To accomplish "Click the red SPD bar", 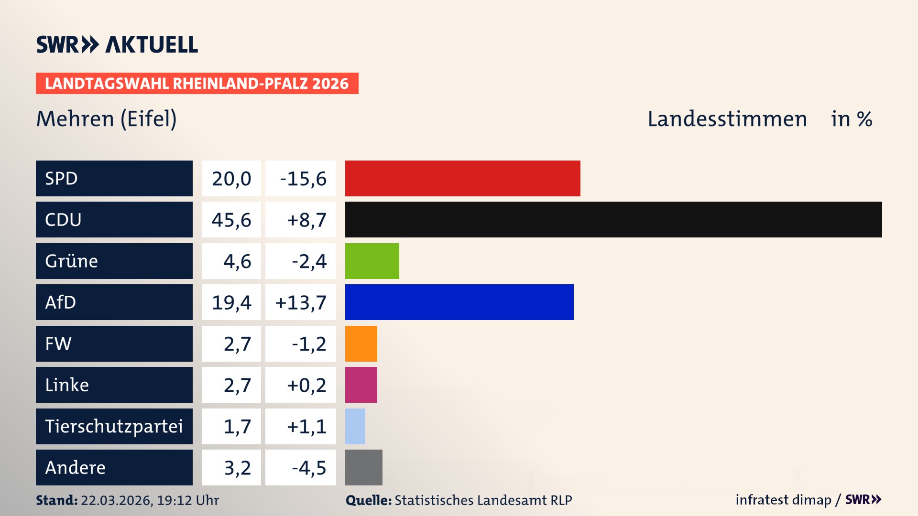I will click(462, 178).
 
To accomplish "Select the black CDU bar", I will click(613, 219).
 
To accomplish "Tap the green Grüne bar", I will click(372, 261).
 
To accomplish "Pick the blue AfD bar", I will click(459, 302).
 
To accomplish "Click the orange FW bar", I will click(361, 344).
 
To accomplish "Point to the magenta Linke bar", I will click(361, 385).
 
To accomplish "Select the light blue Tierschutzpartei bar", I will click(355, 426).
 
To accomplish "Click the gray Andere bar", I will click(363, 467).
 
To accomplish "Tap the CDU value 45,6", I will click(231, 220).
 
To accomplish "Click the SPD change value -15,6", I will click(303, 179).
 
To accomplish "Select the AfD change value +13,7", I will click(301, 302).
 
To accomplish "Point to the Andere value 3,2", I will click(237, 468).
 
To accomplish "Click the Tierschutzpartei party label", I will click(114, 426).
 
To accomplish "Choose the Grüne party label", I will click(72, 261).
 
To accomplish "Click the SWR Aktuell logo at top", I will click(117, 44).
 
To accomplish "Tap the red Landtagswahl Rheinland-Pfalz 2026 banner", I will click(197, 84).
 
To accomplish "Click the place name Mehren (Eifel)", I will click(107, 118).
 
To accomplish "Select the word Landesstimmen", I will click(727, 119).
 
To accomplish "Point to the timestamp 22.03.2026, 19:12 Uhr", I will click(150, 500).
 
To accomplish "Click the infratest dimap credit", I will click(783, 500).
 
